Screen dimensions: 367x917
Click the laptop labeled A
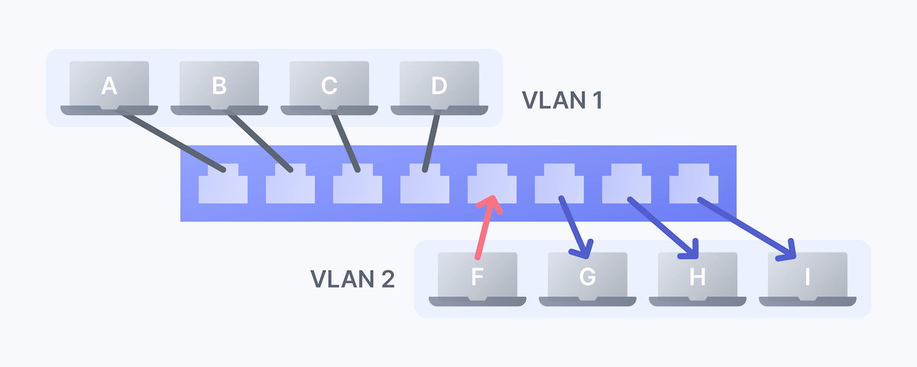pyautogui.click(x=109, y=86)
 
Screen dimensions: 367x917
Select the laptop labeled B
pyautogui.click(x=219, y=86)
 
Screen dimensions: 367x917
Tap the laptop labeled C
pyautogui.click(x=329, y=86)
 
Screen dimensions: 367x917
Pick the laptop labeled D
pyautogui.click(x=439, y=86)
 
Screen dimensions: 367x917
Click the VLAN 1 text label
pyautogui.click(x=562, y=100)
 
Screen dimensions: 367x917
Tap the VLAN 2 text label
pyautogui.click(x=352, y=279)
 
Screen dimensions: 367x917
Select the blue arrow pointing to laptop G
pyautogui.click(x=575, y=227)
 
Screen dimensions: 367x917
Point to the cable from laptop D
pyautogui.click(x=431, y=141)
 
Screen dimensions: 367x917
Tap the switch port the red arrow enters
pyautogui.click(x=491, y=183)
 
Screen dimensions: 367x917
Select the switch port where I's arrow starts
pyautogui.click(x=693, y=184)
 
